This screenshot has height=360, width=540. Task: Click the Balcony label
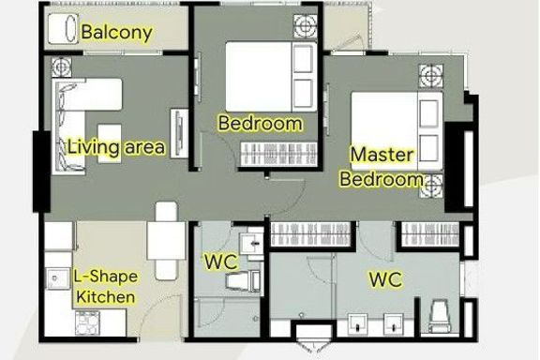116,33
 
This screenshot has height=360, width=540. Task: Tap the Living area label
115,147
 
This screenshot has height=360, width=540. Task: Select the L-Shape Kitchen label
105,287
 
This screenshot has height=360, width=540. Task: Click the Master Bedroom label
382,167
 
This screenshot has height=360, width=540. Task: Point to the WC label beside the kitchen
221,262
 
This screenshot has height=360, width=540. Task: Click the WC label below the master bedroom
385,279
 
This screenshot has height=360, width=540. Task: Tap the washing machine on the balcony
63,29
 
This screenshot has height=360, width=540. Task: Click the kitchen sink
57,278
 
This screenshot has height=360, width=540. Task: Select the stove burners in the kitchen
87,322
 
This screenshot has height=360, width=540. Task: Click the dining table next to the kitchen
166,241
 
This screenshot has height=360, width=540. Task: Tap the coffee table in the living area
110,143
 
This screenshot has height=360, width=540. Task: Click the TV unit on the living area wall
179,133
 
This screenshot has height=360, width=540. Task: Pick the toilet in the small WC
243,280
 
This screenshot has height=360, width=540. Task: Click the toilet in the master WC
440,317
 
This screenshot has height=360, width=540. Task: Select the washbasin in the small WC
251,244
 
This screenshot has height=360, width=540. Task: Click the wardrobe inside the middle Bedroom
278,154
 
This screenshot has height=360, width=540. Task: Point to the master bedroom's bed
397,131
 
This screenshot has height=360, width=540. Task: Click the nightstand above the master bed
431,76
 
